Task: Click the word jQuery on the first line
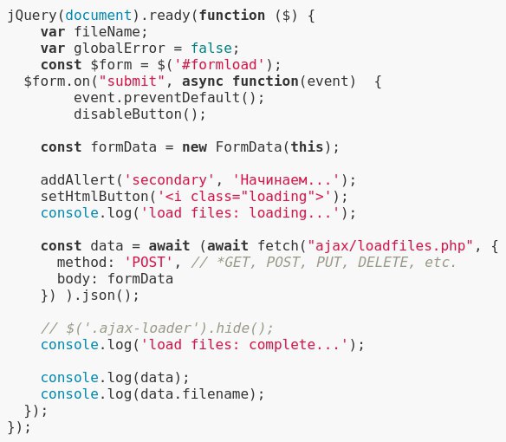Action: click(32, 16)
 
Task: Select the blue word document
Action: click(98, 16)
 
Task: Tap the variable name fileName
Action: click(107, 32)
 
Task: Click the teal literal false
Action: click(211, 49)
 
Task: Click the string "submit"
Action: click(132, 81)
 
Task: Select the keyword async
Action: click(203, 81)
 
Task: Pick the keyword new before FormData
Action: click(194, 147)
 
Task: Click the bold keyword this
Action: click(307, 147)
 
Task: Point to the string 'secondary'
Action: click(169, 180)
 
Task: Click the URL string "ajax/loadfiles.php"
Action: click(390, 245)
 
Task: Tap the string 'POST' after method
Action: click(148, 262)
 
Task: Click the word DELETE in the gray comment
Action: click(382, 262)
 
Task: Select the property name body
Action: click(74, 279)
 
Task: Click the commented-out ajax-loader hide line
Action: click(157, 328)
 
